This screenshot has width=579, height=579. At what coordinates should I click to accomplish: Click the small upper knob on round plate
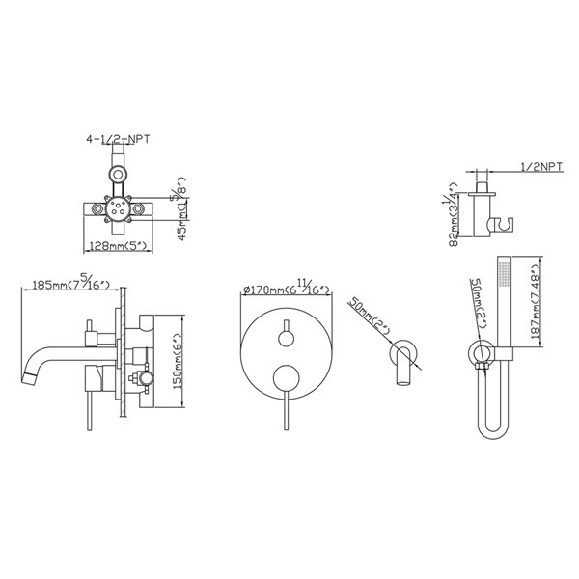pyautogui.click(x=285, y=337)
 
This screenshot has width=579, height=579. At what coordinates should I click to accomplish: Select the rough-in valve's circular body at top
pyautogui.click(x=118, y=205)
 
